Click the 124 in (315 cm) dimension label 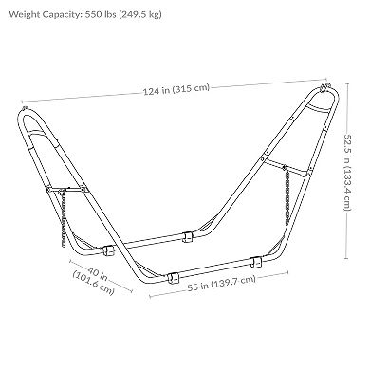coord(176,89)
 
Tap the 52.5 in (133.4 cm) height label coord(347,173)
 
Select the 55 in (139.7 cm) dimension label coord(221,283)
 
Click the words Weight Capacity coord(46,14)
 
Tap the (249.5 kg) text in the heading coord(140,15)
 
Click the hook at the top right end coord(325,86)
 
